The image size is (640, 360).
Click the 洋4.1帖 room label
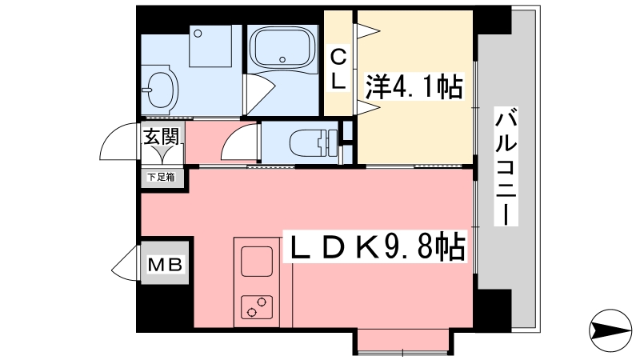pos(414,86)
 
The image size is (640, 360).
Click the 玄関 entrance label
pos(162,136)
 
